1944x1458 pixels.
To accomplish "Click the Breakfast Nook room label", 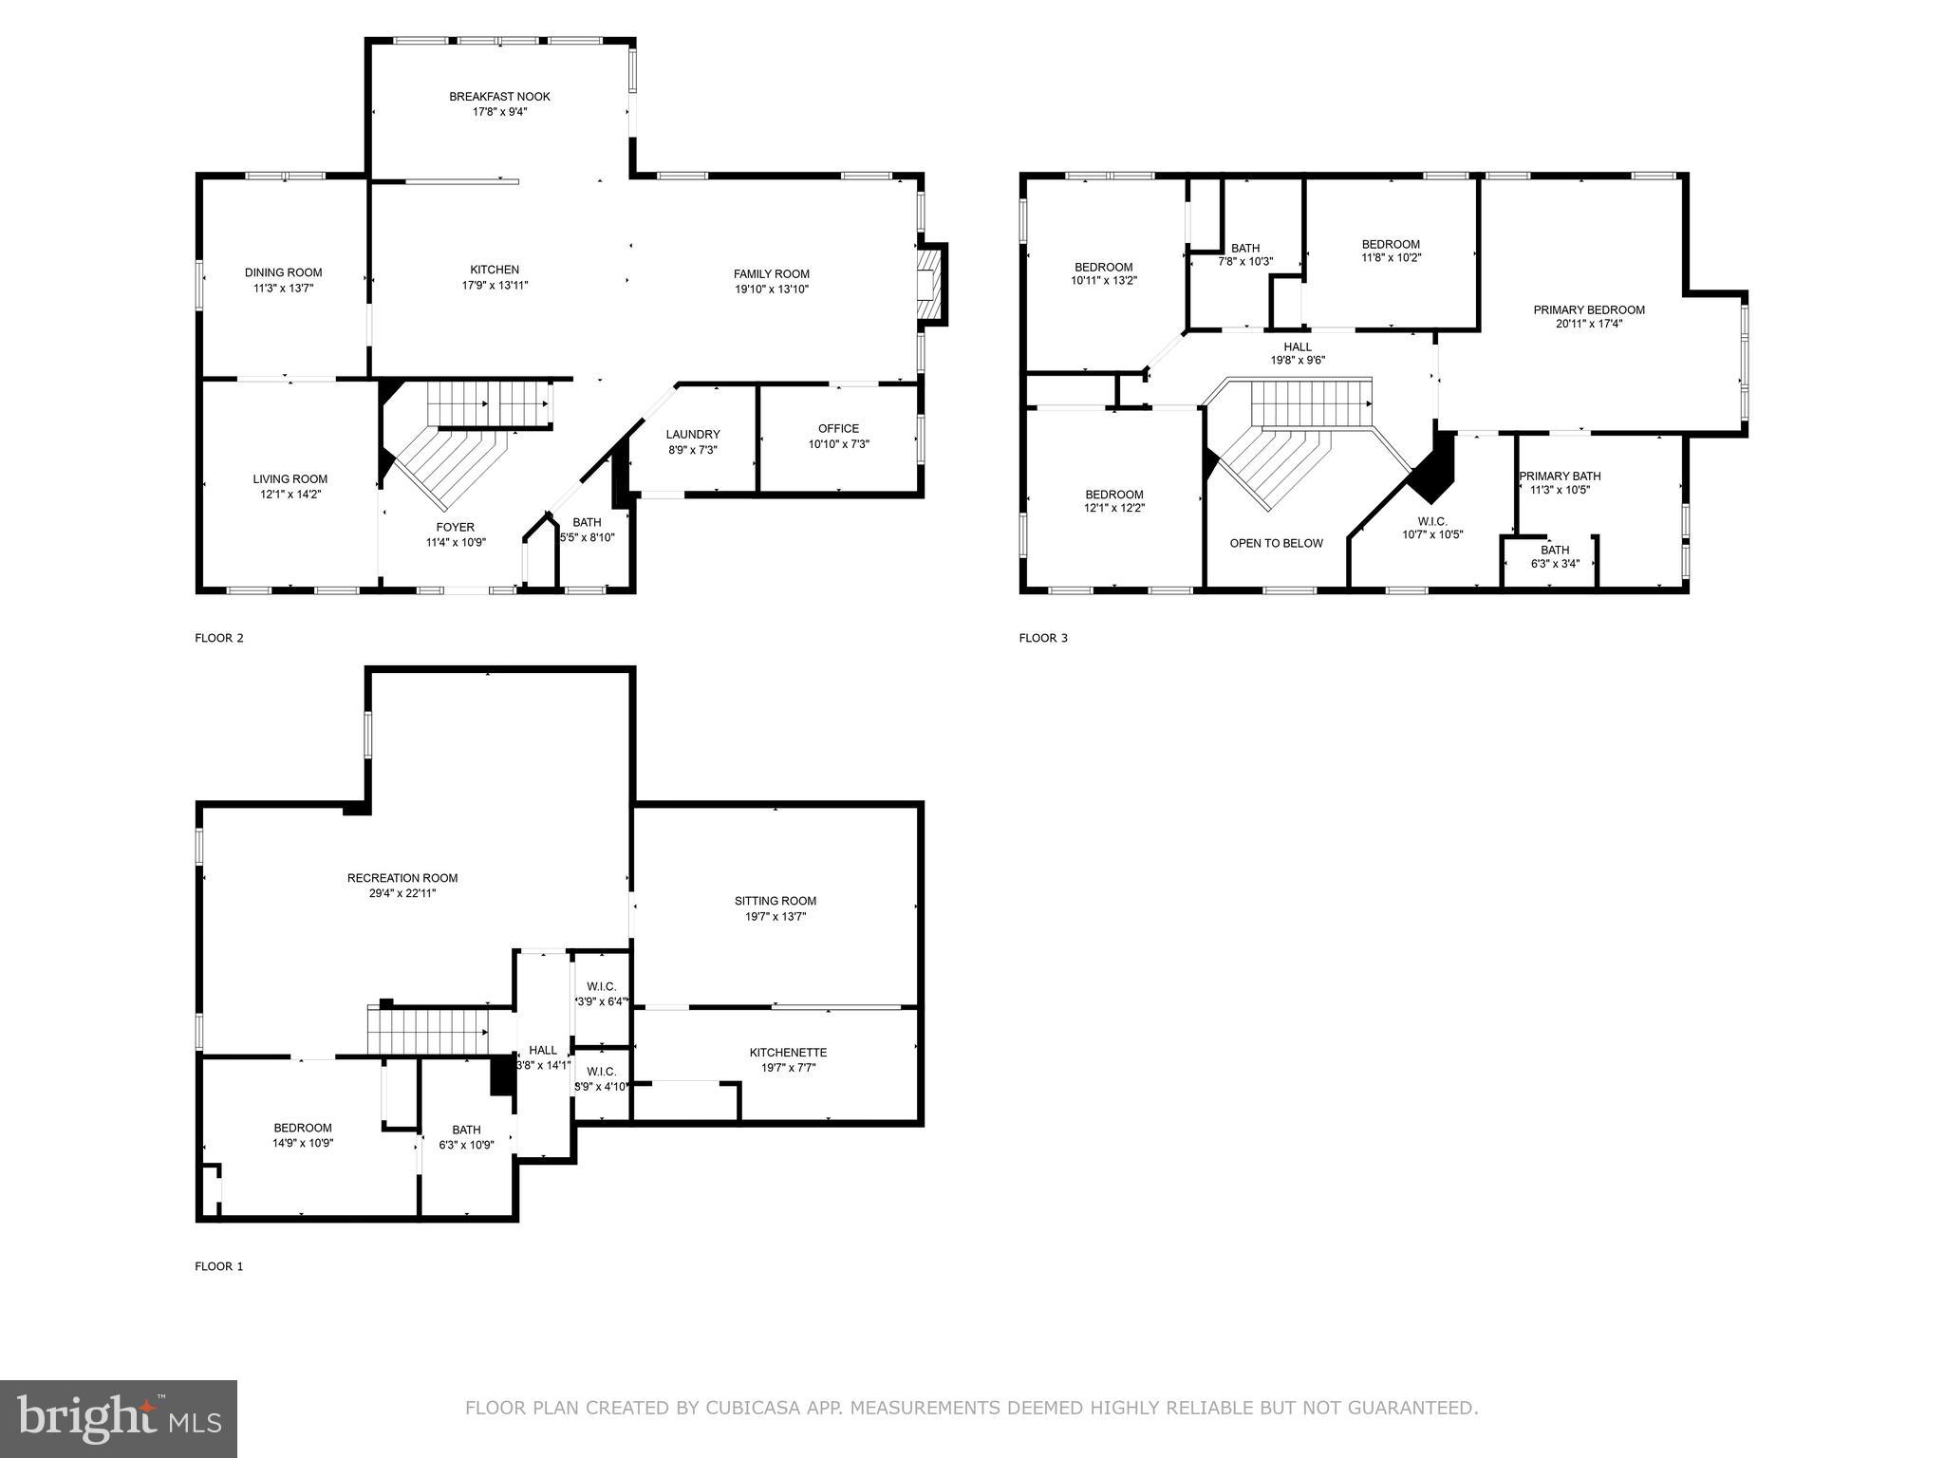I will pyautogui.click(x=499, y=97).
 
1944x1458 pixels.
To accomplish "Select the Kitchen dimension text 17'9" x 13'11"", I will pyautogui.click(x=495, y=285).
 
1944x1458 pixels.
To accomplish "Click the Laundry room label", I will pyautogui.click(x=693, y=435).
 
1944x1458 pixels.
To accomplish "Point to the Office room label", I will pyautogui.click(x=838, y=429).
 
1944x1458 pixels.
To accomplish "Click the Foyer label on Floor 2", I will pyautogui.click(x=456, y=528).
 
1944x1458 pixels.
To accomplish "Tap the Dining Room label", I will pyautogui.click(x=283, y=273).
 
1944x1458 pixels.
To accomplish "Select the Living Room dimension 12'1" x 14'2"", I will pyautogui.click(x=290, y=495).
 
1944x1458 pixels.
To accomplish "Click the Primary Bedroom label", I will pyautogui.click(x=1589, y=310).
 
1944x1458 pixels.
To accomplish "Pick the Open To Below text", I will pyautogui.click(x=1276, y=544).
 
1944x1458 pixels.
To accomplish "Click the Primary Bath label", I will pyautogui.click(x=1560, y=477).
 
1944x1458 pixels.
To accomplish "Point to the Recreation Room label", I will pyautogui.click(x=402, y=879).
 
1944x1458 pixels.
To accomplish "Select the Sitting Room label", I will pyautogui.click(x=775, y=902).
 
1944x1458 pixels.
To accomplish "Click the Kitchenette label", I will pyautogui.click(x=788, y=1053).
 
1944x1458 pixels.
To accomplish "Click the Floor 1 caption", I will pyautogui.click(x=219, y=1266).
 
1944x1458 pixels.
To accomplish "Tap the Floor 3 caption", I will pyautogui.click(x=1043, y=638).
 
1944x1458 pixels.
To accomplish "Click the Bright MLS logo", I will pyautogui.click(x=119, y=1419).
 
